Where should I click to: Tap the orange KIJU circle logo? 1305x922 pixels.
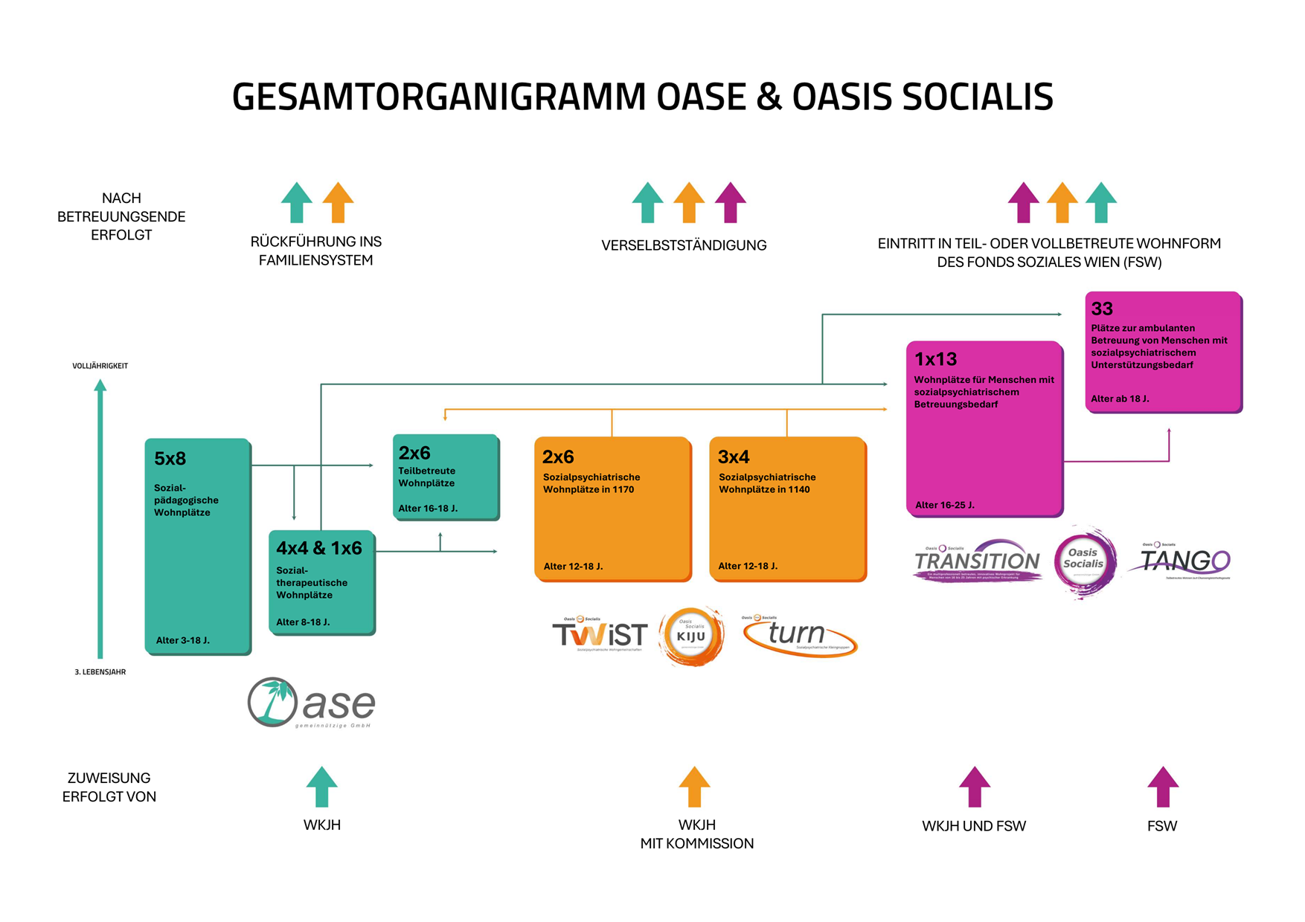[x=691, y=636]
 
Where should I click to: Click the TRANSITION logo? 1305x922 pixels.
[x=977, y=561]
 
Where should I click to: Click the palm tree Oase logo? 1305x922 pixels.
[x=311, y=703]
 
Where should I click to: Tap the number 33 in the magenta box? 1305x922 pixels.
[x=1102, y=309]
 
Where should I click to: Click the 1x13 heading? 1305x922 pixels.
[x=935, y=359]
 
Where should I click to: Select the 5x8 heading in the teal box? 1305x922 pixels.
[x=170, y=459]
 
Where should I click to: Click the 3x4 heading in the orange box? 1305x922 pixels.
[x=733, y=457]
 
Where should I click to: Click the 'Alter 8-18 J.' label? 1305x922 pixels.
[x=303, y=622]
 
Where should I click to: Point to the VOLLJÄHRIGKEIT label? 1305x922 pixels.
[x=100, y=366]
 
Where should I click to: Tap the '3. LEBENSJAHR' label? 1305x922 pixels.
[x=100, y=672]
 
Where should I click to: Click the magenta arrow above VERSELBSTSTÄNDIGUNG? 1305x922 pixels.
[x=730, y=202]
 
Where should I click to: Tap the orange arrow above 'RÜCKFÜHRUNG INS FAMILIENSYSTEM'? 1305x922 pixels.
[x=338, y=202]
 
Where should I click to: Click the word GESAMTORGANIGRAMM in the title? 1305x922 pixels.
[x=439, y=97]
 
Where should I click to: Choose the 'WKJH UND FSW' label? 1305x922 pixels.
[x=973, y=826]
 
